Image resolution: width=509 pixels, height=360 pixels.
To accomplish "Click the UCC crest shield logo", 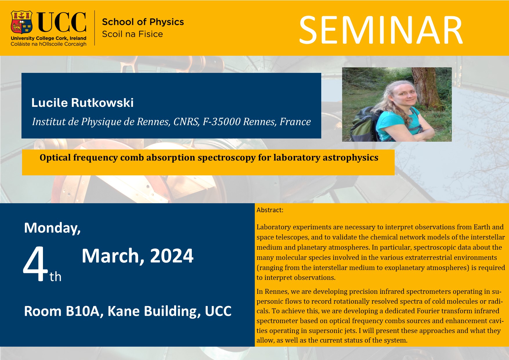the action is (x=21, y=22).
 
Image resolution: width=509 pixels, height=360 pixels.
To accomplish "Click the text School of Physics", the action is (x=143, y=22).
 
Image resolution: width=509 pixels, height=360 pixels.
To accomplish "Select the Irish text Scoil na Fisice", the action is (x=132, y=34).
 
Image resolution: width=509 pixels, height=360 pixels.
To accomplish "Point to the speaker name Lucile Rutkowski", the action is (x=82, y=103).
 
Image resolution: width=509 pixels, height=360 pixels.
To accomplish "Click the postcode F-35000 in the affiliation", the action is (x=221, y=122).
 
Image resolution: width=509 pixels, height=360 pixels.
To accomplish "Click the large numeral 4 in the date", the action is (x=35, y=264).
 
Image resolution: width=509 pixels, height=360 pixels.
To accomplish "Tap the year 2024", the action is (x=172, y=256).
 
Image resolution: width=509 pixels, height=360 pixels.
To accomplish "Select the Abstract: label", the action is (x=270, y=210).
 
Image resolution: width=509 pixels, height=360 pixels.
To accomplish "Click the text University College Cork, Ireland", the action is (x=48, y=38).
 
